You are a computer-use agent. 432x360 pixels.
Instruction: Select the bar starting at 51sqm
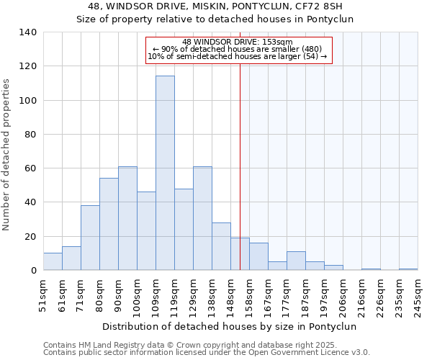click(x=53, y=261)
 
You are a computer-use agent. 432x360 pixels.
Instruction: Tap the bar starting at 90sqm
click(x=127, y=218)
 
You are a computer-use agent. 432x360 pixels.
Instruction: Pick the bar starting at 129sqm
click(x=202, y=218)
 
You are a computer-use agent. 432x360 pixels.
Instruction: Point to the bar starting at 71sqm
click(x=90, y=238)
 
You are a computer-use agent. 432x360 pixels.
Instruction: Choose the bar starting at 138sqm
click(x=221, y=246)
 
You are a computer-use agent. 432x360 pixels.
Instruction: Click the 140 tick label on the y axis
click(x=28, y=32)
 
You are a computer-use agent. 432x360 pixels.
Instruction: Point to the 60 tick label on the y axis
click(x=31, y=168)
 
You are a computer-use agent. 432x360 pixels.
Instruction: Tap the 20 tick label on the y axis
click(x=31, y=236)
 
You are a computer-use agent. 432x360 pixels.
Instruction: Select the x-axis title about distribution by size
click(x=230, y=326)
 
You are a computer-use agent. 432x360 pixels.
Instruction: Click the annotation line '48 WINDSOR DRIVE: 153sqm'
click(x=238, y=42)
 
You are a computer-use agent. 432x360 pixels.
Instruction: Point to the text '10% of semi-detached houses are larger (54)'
click(x=238, y=56)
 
